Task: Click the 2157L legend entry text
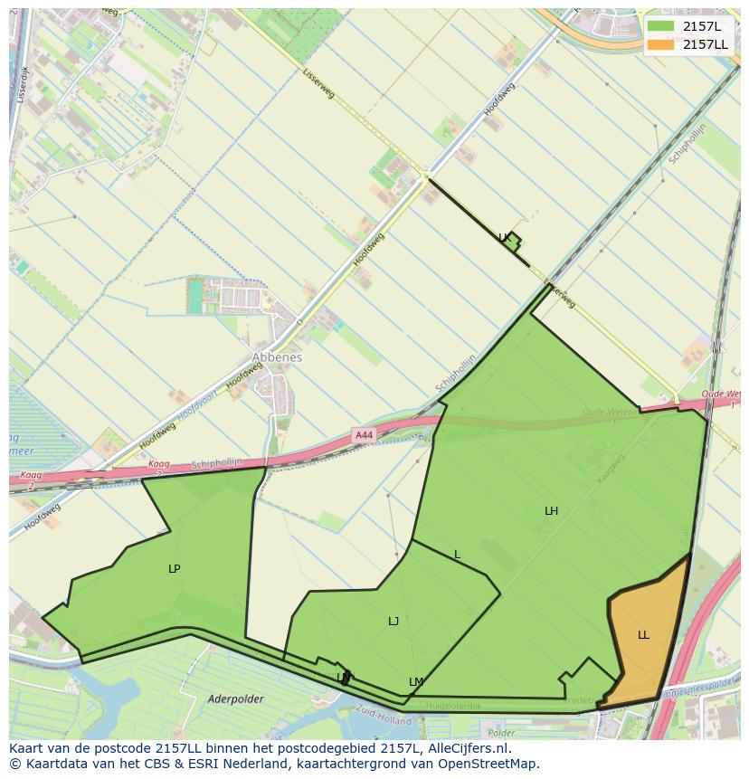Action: (x=702, y=26)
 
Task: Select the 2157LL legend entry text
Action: (x=706, y=44)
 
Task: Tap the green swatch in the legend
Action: (x=660, y=26)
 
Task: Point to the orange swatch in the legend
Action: (x=660, y=44)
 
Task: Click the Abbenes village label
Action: (x=277, y=357)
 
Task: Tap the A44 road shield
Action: (x=364, y=435)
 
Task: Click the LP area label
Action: (x=175, y=569)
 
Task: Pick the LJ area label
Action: (x=393, y=622)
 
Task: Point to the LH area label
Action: (x=551, y=511)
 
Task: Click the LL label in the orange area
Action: (x=643, y=635)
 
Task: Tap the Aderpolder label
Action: (x=234, y=698)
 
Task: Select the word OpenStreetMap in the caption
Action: (x=492, y=764)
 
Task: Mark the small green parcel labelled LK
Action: (x=512, y=242)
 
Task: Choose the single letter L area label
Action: (x=458, y=555)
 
